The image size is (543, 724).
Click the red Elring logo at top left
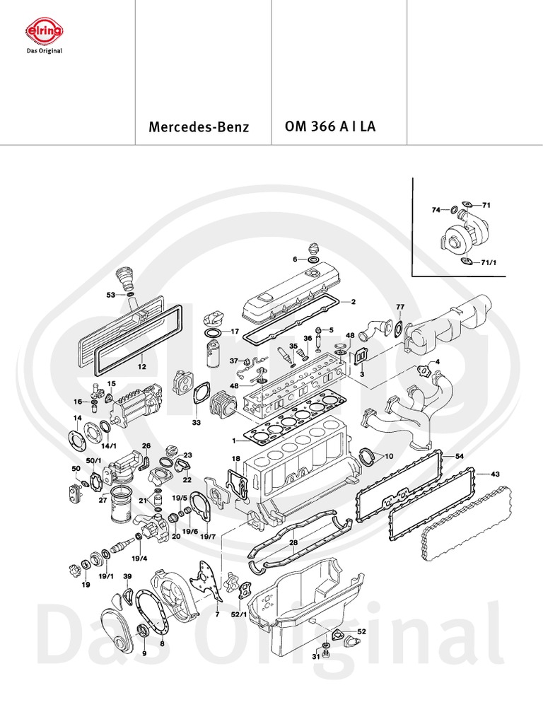45,32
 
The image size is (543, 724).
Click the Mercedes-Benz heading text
199,128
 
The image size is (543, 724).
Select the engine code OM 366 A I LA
329,127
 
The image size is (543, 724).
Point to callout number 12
141,367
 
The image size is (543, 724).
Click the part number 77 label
400,307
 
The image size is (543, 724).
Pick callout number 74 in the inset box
436,210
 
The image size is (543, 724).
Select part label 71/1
489,262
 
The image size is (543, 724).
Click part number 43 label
495,473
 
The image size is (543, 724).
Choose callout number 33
196,423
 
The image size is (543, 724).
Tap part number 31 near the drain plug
315,657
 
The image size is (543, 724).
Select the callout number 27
103,501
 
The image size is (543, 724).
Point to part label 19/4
139,559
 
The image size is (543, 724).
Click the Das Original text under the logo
44,51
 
